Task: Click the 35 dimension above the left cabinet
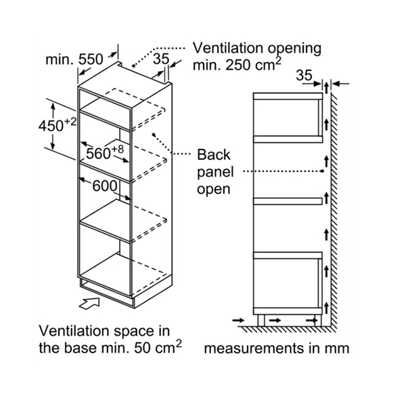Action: pos(160,60)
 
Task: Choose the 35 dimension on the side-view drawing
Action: pos(305,76)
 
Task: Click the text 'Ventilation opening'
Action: pos(256,49)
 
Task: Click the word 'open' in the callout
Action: pos(213,189)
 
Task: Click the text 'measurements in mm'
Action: pos(277,349)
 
